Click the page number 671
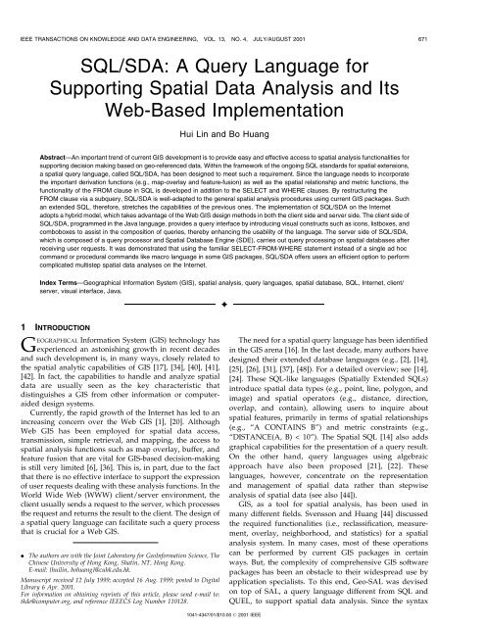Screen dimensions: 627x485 (x=463, y=12)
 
